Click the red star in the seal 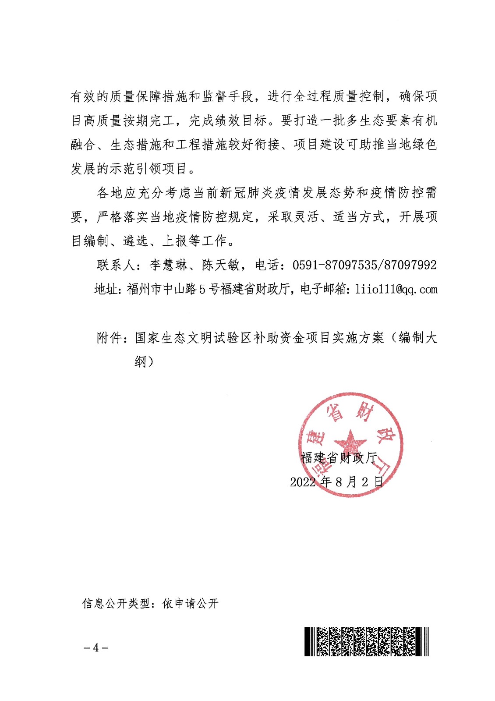350,441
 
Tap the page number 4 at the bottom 96,648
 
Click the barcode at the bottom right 366,641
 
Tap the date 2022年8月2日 336,482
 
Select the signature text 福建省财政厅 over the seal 339,458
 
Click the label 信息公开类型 116,604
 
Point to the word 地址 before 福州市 106,289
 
